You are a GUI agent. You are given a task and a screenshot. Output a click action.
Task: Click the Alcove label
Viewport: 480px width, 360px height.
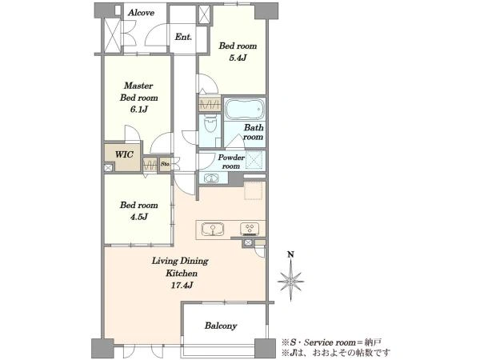pos(141,13)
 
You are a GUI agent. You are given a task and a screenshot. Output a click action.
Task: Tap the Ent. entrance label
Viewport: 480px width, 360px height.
pos(183,37)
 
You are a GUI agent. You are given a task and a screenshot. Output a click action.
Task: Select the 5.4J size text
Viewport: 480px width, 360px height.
pos(238,58)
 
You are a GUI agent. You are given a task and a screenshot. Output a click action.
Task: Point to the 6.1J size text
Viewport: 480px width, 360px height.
pos(138,109)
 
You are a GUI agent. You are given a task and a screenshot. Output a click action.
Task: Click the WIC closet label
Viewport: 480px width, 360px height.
pos(124,154)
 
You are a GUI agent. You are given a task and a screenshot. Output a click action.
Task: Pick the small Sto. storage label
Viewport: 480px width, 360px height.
pos(165,164)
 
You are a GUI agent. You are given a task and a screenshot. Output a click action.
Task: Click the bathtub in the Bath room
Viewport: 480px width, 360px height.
pos(244,109)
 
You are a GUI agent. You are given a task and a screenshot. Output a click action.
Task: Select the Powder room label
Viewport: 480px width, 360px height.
pos(231,162)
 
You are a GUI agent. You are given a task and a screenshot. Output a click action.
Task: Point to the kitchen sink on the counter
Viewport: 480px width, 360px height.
pos(213,229)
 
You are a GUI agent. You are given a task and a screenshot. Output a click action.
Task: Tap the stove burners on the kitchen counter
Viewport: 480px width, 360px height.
pos(250,229)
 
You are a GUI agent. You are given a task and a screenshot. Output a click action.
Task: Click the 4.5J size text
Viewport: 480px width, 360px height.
pos(138,217)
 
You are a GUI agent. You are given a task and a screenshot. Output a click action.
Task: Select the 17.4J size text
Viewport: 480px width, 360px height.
pos(182,286)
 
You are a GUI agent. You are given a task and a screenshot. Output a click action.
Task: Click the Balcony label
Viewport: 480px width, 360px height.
pos(221,326)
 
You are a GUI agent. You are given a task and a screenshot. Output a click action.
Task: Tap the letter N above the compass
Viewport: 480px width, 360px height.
pos(291,254)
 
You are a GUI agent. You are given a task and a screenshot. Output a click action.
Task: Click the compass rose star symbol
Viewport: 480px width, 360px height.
pos(290,282)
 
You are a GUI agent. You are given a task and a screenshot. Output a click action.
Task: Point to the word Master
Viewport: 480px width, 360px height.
pos(138,86)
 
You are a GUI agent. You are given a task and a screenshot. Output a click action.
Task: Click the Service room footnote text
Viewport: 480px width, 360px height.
pos(331,342)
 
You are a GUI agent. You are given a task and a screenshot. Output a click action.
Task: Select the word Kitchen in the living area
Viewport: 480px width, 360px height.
pos(182,273)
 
